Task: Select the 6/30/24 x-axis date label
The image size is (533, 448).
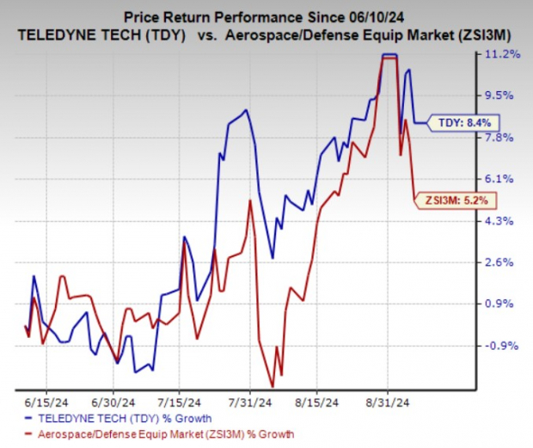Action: coord(112,401)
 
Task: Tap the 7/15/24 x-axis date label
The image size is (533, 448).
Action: coord(179,401)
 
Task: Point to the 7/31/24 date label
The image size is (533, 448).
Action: coord(250,401)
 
